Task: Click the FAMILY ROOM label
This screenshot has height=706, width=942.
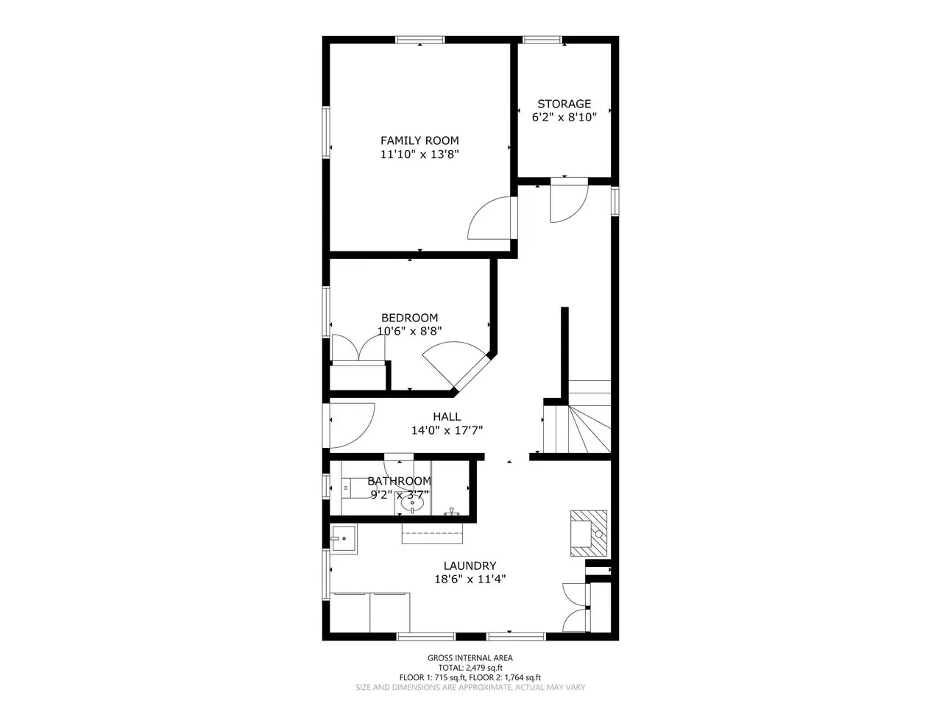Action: (x=419, y=140)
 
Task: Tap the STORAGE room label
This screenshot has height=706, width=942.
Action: (x=564, y=104)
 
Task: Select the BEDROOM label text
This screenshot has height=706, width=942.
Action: (x=409, y=318)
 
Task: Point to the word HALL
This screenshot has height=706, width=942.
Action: (x=447, y=416)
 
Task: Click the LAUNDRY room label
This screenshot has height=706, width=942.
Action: (x=470, y=566)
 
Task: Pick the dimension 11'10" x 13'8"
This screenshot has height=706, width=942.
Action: (x=419, y=154)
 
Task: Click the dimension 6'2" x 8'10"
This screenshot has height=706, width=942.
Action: (x=564, y=118)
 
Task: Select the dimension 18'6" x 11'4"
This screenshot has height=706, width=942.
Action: (x=470, y=579)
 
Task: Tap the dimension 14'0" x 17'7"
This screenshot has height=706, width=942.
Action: (x=447, y=430)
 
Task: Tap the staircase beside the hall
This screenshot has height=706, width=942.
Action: (x=576, y=416)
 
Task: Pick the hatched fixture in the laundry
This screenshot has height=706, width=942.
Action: (x=588, y=533)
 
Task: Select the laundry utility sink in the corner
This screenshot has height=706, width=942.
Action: (x=344, y=539)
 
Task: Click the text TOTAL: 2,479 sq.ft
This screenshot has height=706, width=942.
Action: (x=470, y=668)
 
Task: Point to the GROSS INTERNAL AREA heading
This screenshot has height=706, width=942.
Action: (x=470, y=657)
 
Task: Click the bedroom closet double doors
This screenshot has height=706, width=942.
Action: (x=358, y=348)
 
